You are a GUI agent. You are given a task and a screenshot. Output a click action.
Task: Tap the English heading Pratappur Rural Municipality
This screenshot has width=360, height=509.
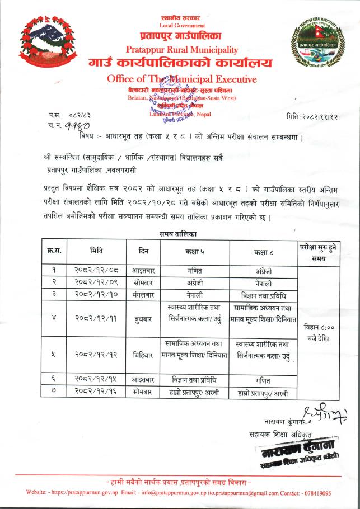[181, 50]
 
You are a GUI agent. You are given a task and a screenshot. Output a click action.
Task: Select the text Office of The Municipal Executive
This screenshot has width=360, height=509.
[181, 79]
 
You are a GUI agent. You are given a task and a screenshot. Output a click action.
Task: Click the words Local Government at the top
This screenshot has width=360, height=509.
[182, 25]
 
